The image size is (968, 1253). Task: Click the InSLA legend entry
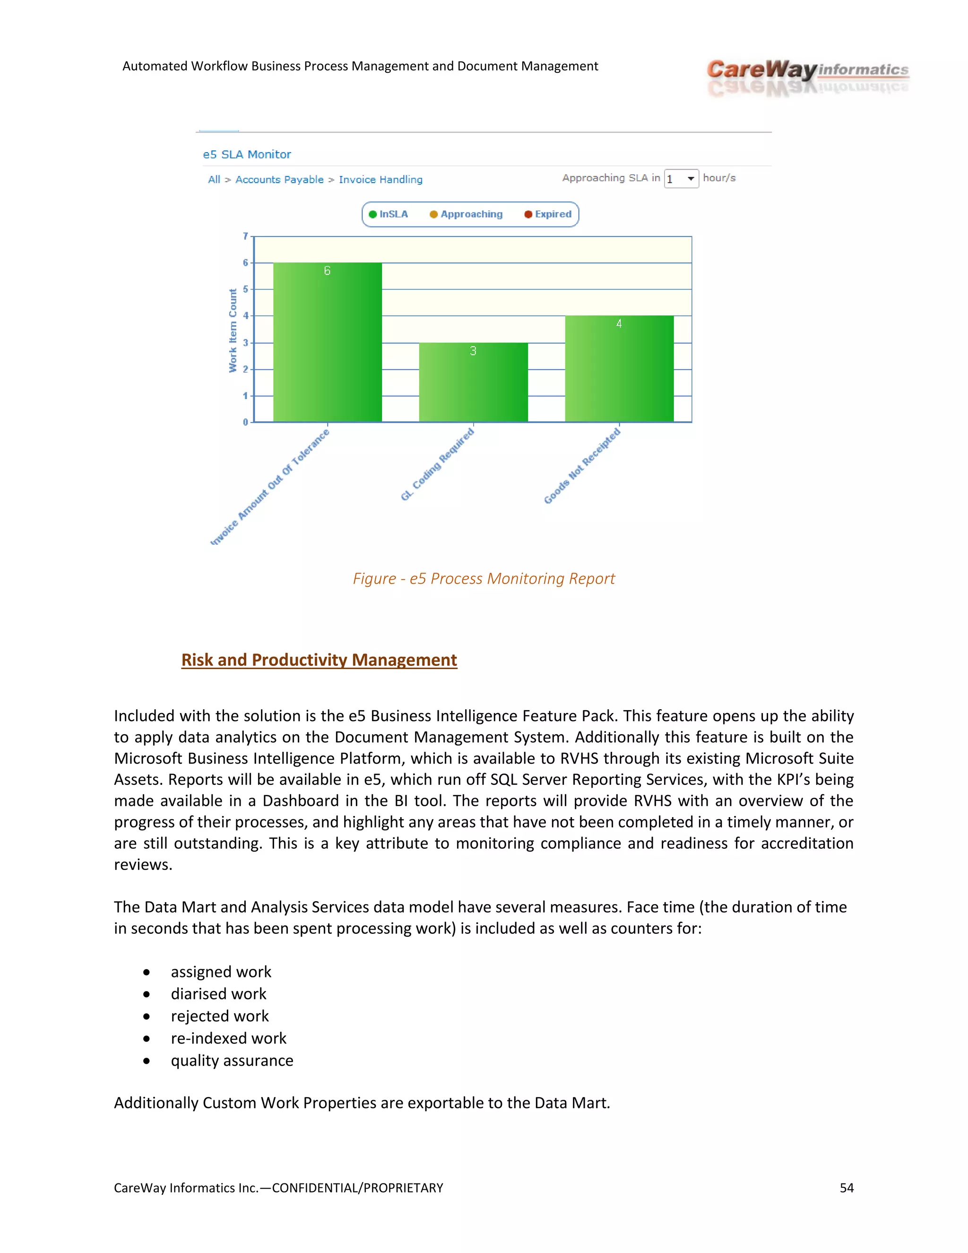point(389,215)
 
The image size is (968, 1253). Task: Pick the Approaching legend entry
point(466,215)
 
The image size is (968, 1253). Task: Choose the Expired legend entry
point(548,215)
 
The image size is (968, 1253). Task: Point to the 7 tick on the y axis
point(245,236)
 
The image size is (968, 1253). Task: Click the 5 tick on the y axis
point(245,289)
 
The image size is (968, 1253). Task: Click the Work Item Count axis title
point(233,331)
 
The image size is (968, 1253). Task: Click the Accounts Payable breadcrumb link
point(279,180)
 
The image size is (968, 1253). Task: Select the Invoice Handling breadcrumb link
point(380,180)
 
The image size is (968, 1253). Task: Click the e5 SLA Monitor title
point(247,154)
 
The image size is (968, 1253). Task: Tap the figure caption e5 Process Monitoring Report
point(484,578)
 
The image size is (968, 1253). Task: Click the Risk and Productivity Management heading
point(319,660)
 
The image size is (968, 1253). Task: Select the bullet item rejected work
point(220,1016)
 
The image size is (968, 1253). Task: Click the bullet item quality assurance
point(232,1061)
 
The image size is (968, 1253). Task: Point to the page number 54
point(847,1188)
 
